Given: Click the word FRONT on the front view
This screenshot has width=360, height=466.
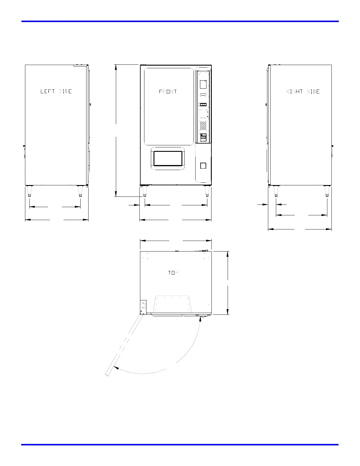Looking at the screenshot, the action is [168, 91].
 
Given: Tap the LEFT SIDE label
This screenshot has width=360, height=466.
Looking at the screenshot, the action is [56, 91].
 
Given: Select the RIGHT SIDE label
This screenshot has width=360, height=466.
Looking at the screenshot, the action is [303, 91].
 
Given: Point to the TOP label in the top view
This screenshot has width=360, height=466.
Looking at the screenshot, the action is [173, 273].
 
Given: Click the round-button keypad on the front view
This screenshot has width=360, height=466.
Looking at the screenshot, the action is [203, 126].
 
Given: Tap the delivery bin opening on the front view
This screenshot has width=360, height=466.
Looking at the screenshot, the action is [168, 159].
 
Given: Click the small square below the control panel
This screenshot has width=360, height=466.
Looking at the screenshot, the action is [203, 166].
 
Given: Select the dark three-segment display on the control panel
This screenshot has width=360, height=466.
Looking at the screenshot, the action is [203, 105].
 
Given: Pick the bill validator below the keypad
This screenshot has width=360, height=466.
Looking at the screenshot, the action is [203, 137].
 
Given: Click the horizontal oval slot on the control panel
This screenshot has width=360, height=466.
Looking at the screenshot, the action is [203, 94].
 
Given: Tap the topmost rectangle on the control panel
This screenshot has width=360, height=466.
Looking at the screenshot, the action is [203, 84].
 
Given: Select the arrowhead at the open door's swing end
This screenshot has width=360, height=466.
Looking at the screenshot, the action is [116, 367].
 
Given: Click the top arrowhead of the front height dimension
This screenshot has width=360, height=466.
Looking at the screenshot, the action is [116, 67].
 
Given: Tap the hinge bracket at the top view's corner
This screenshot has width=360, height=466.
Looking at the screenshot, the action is [143, 307].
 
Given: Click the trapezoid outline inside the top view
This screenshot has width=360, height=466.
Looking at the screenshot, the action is [172, 304].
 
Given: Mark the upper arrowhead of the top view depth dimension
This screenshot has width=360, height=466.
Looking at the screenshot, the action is [228, 254].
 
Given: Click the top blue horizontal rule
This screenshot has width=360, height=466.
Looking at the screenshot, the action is [180, 21].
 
